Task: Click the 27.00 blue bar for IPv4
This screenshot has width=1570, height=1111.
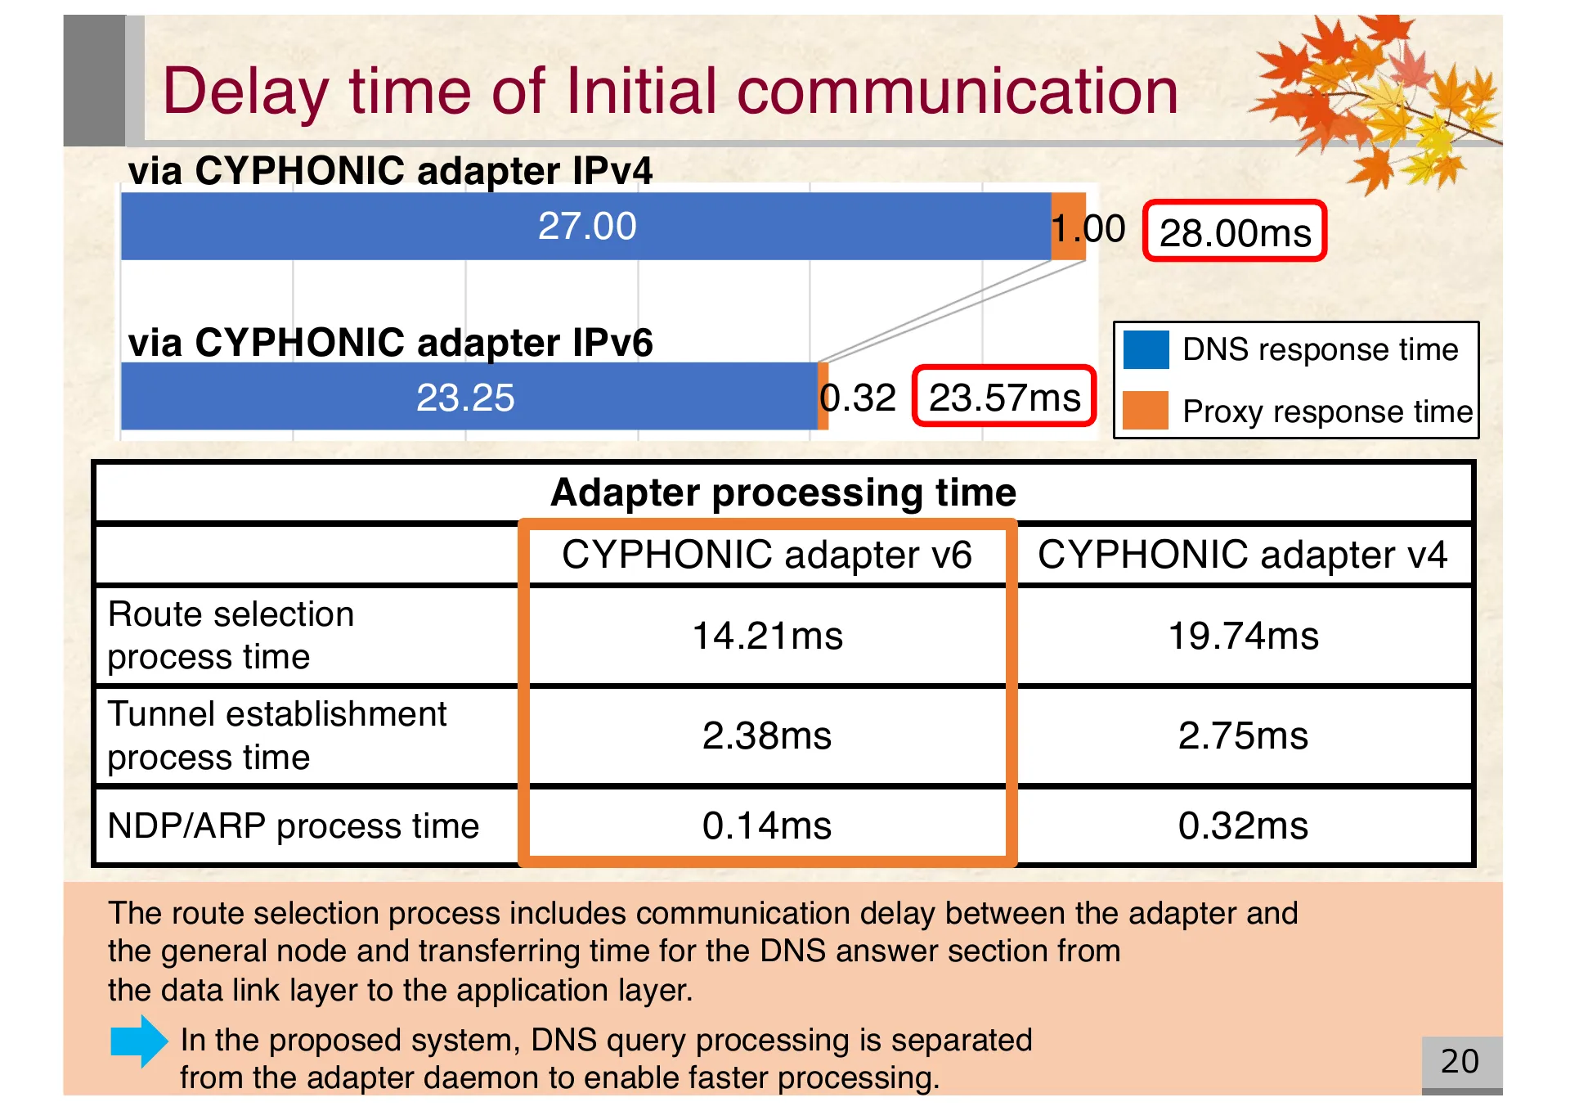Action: click(585, 227)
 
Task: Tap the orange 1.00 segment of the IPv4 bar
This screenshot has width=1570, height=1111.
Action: click(1068, 227)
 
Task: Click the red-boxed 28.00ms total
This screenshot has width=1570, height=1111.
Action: click(1234, 232)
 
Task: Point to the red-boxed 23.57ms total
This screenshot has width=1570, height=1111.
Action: click(1004, 398)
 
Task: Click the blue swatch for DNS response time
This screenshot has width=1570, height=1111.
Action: click(1146, 350)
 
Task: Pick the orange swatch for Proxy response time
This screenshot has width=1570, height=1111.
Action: click(1146, 411)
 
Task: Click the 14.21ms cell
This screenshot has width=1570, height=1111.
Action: click(767, 636)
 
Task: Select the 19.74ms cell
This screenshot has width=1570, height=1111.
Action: click(1243, 636)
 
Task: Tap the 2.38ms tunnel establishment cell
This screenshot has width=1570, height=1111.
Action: click(767, 735)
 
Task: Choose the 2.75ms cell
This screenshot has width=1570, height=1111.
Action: click(1243, 735)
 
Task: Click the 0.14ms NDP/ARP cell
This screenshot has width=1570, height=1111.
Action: click(767, 825)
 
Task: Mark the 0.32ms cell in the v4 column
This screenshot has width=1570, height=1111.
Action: click(1243, 825)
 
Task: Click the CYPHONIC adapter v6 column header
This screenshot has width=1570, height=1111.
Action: click(767, 555)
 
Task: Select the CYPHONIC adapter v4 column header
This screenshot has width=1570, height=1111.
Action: click(1243, 555)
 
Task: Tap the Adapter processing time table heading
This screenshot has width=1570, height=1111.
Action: click(783, 493)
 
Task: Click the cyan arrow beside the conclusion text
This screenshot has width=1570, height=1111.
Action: click(139, 1041)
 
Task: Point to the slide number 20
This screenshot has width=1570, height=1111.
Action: click(1460, 1062)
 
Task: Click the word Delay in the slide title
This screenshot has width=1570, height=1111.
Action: click(245, 92)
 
